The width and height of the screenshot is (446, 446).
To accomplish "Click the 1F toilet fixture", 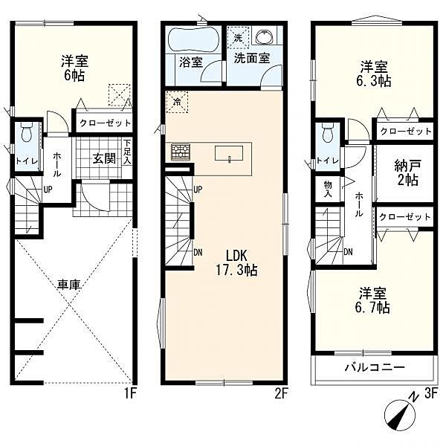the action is point(27,132).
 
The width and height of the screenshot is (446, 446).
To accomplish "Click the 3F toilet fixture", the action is point(328,133).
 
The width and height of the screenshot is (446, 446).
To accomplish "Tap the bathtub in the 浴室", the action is point(194,40).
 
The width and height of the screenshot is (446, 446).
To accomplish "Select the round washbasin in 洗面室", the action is point(265,38).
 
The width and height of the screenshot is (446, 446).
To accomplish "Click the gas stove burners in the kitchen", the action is point(181,152).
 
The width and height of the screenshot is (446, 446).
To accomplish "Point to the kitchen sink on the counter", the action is point(229,154).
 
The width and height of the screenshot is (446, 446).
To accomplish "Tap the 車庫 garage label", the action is point(69,285).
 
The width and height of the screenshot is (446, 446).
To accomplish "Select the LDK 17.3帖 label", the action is point(237,262).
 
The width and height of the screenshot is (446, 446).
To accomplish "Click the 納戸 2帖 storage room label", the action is point(407,172).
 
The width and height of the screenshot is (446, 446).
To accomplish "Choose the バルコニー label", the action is point(375,367).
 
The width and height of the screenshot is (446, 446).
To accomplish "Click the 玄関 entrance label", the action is point(104,158).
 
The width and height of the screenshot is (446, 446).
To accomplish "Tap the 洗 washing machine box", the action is point(238,38).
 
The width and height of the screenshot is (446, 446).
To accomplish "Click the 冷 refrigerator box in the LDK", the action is point(177,102).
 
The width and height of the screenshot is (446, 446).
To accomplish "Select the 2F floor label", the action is point(281,394).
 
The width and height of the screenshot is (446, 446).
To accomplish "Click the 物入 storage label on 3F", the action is point(328,190).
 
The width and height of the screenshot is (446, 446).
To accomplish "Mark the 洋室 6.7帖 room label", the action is point(372,300).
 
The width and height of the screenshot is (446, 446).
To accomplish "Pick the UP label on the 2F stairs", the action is point(198,190).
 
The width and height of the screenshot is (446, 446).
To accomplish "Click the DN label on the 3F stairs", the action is point(348,251).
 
